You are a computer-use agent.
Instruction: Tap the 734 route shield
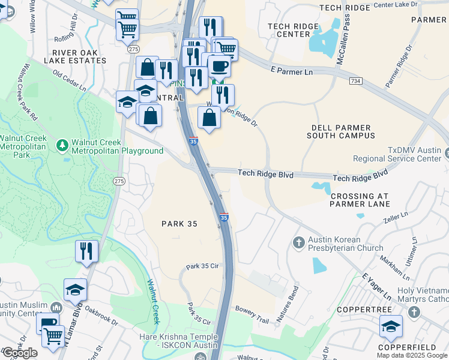355,80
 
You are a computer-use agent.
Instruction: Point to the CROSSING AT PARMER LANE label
360,200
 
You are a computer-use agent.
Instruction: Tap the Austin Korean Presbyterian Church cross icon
298,243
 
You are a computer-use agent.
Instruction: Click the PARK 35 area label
179,223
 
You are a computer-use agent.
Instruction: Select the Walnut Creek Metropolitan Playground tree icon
62,145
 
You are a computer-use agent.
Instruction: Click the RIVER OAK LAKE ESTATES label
75,56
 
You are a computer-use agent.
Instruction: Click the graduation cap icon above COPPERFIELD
391,326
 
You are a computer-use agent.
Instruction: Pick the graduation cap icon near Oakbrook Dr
75,290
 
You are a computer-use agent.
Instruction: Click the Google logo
20,353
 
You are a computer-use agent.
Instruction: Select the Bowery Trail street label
253,314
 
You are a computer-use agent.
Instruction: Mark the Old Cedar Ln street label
70,81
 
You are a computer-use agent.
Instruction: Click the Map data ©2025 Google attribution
412,355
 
